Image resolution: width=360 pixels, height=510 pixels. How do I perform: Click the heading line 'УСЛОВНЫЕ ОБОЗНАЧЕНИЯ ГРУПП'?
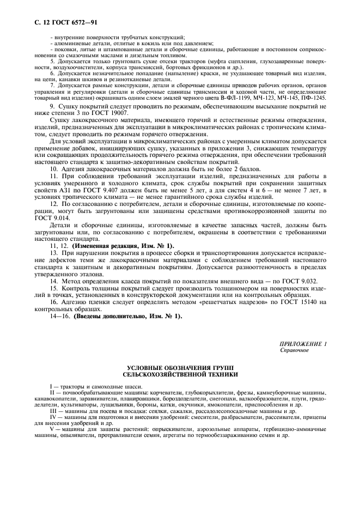pyautogui.click(x=180, y=369)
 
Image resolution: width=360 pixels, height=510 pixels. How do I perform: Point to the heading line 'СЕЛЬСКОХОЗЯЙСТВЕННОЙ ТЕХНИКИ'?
pyautogui.click(x=180, y=375)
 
